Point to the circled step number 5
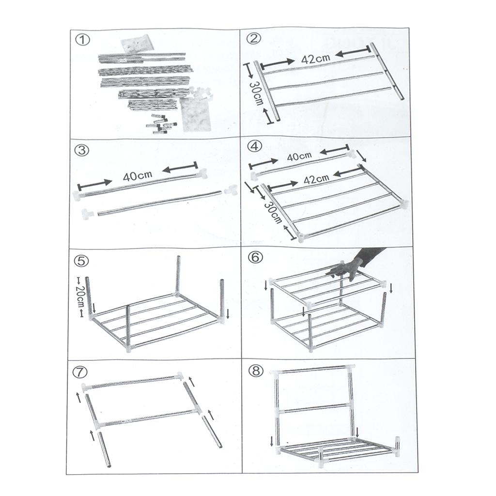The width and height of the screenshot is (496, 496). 82,260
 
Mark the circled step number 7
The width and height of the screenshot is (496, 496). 82,372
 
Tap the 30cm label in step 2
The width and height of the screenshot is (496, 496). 255,92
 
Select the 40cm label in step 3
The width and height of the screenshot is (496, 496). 137,176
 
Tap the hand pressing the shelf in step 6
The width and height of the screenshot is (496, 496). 350,265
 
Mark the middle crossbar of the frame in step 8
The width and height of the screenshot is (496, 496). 313,408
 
